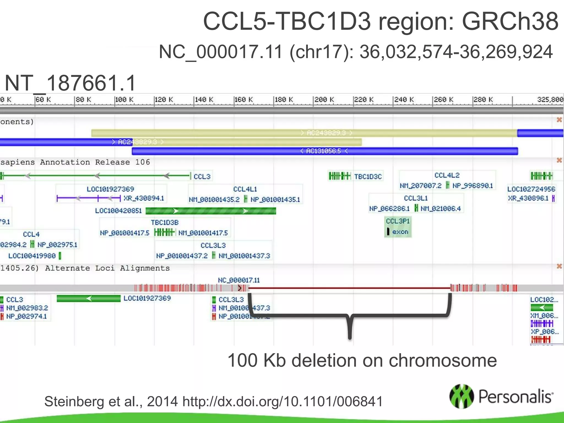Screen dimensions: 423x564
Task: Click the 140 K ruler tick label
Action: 204,99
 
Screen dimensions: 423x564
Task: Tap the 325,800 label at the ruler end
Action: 550,99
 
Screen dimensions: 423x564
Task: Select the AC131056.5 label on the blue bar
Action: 324,151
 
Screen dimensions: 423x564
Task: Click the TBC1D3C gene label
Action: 368,177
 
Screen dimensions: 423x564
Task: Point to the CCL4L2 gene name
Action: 447,175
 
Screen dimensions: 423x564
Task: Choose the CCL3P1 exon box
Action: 398,227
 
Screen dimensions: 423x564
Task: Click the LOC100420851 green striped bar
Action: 211,211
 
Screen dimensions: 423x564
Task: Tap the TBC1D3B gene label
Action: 165,223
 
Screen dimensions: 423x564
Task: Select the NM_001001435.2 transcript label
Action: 214,199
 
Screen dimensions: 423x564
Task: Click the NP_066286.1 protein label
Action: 389,209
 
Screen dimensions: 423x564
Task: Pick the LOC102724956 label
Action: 531,189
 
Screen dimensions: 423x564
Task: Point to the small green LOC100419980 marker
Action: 60,256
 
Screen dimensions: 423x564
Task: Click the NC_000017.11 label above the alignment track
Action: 239,280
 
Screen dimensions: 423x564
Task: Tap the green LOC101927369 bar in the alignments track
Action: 89,299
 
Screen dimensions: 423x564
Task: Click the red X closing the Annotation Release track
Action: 559,160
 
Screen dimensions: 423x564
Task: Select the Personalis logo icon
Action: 462,396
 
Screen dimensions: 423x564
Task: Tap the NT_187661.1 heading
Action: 70,83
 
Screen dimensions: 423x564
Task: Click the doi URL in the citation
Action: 283,402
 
